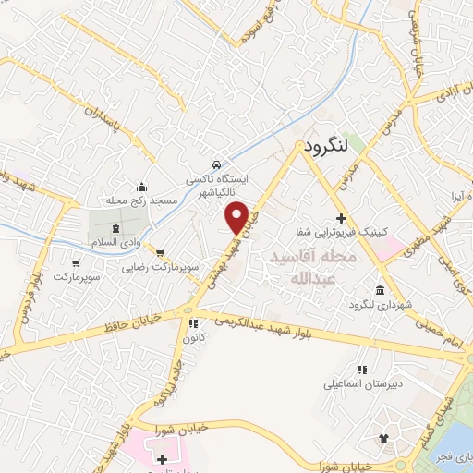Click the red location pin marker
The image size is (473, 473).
pos(237,216)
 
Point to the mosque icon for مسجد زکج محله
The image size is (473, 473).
pos(141,186)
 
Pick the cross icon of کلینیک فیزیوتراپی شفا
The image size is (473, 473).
pos(341,218)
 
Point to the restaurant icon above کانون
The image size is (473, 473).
pos(192,323)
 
